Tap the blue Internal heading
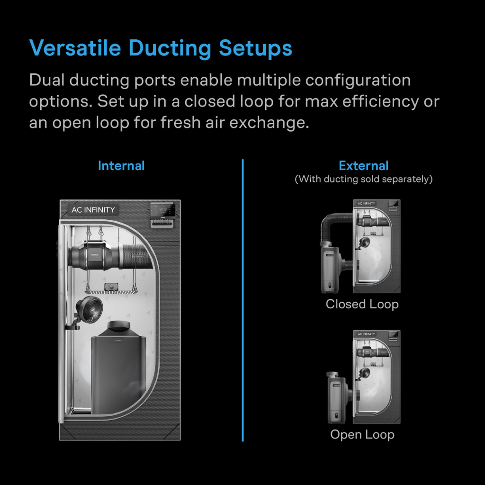pos(121,166)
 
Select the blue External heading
pos(363,166)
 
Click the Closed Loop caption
pos(362,304)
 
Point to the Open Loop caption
pos(362,434)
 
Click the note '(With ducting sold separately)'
pos(363,180)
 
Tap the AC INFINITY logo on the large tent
pos(93,210)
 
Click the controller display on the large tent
pos(164,209)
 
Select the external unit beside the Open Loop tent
pos(336,398)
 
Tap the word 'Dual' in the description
pos(47,80)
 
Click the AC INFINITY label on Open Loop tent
pos(366,334)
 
